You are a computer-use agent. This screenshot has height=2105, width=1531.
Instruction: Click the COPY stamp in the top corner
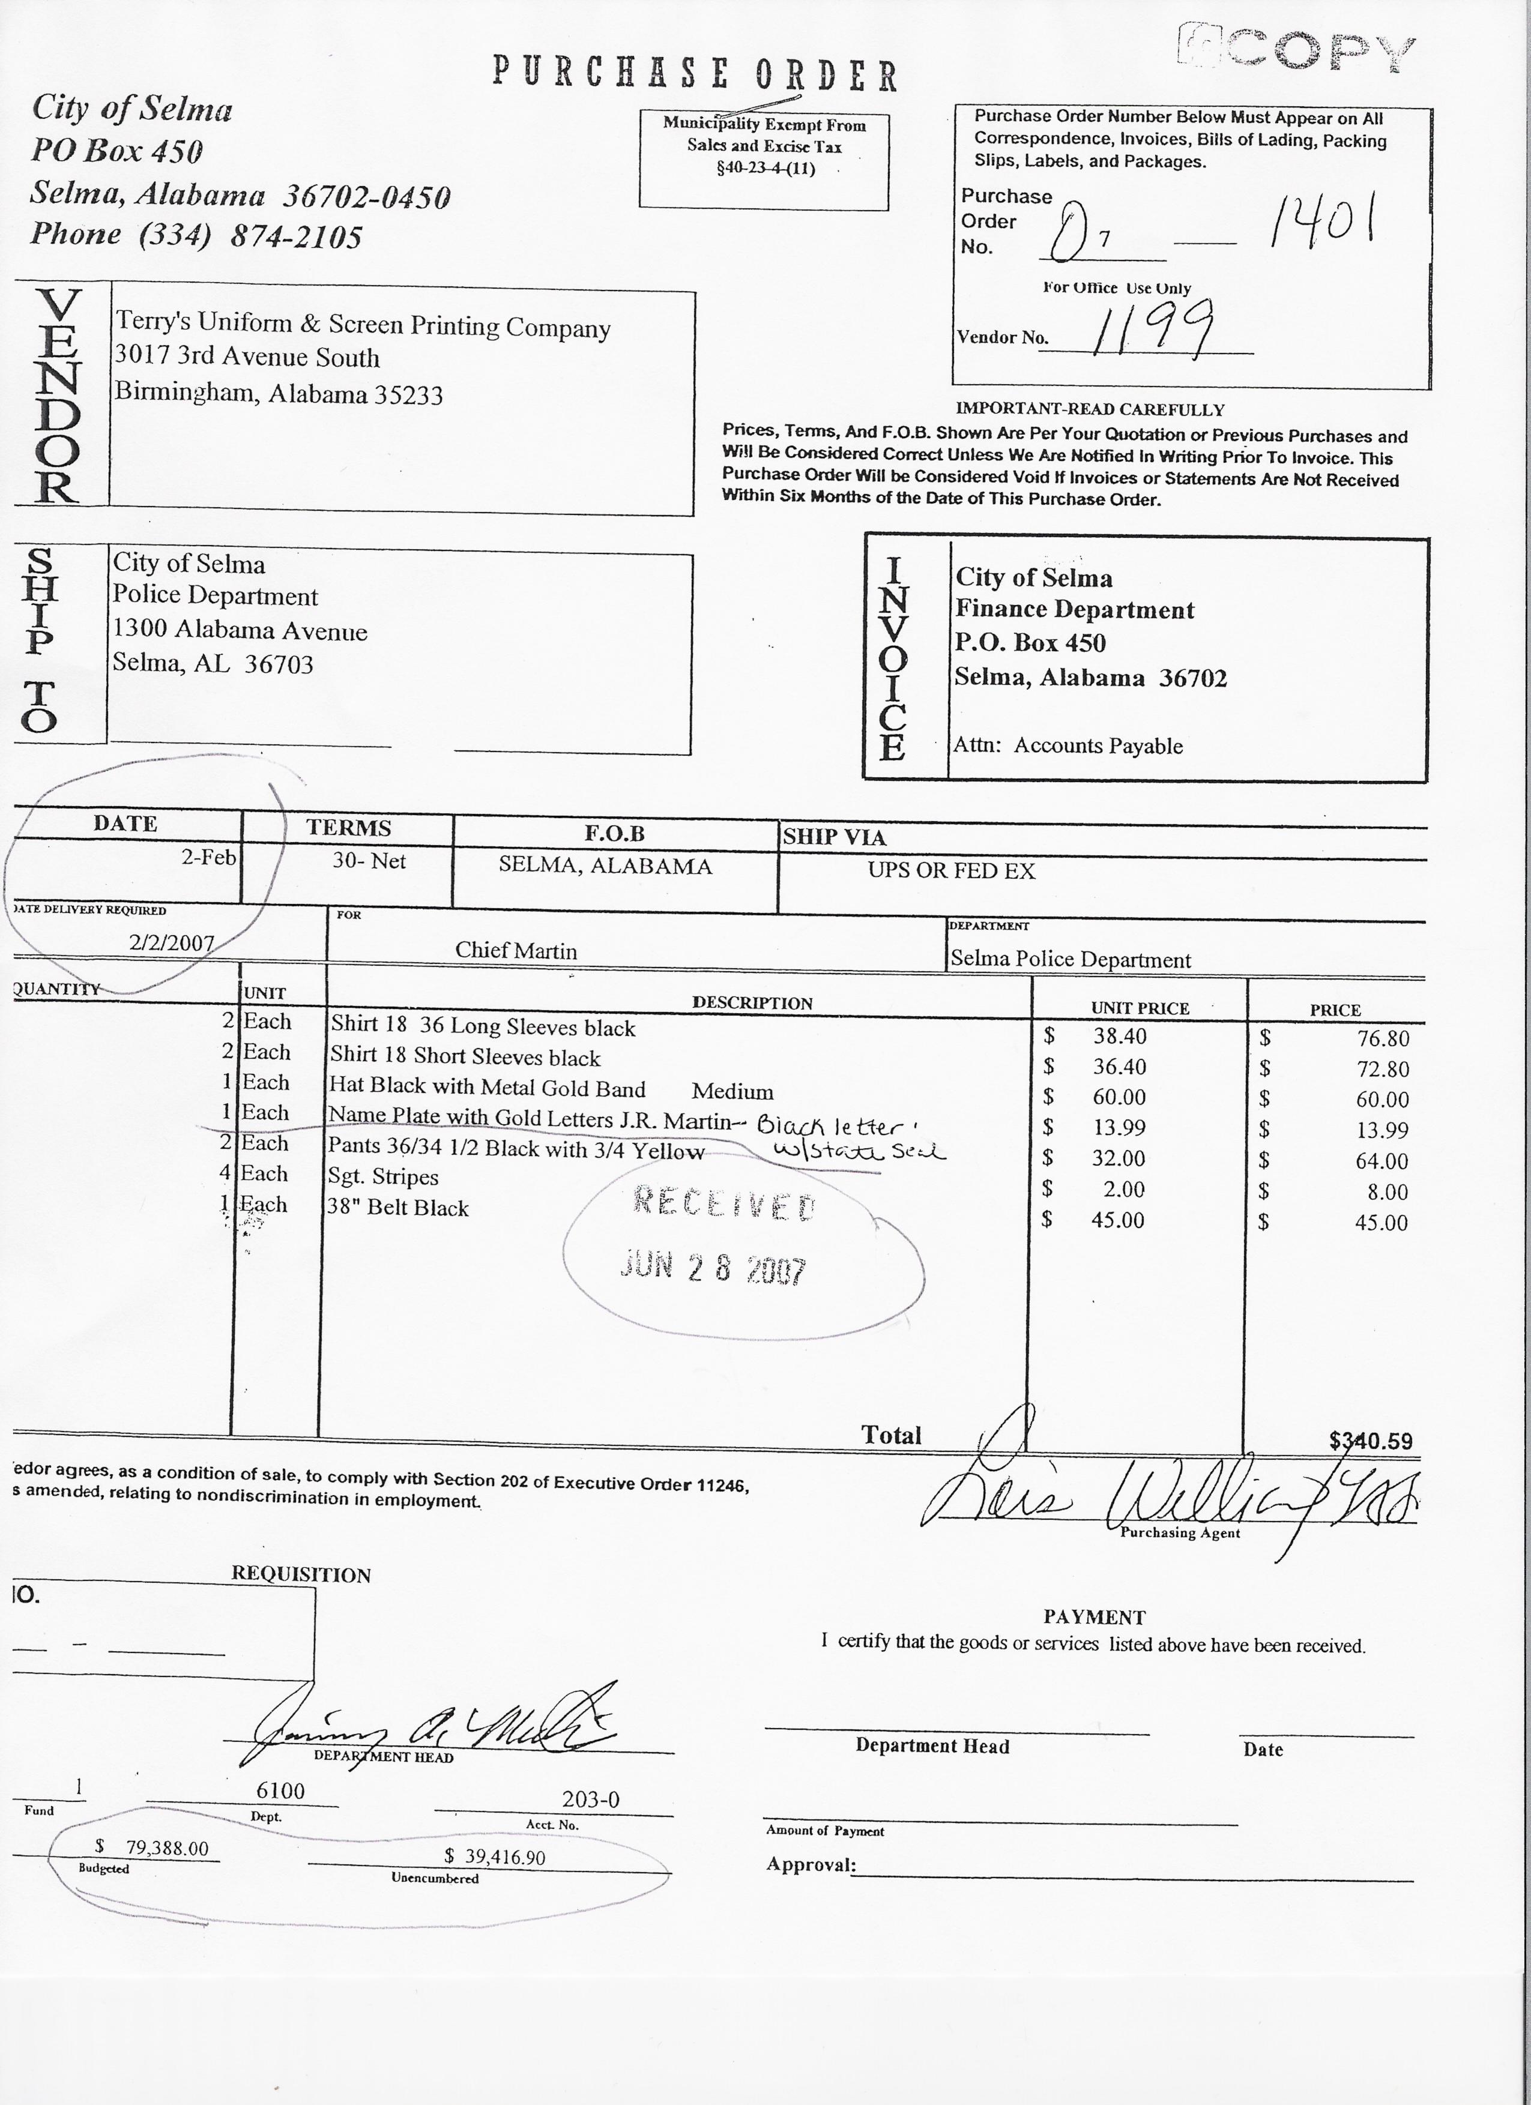coord(1300,48)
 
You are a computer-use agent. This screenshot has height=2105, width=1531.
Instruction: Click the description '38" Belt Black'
coord(397,1208)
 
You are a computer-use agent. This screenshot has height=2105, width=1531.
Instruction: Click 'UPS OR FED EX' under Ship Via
coord(951,870)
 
